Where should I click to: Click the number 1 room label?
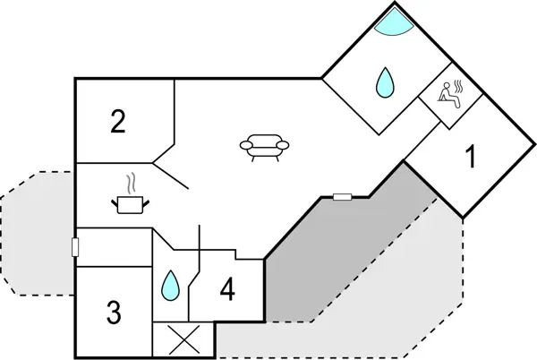coord(469,159)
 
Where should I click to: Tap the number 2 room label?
coord(118,122)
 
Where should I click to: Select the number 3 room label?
coord(113,313)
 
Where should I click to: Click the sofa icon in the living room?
coord(266,146)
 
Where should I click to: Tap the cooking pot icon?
coord(131,204)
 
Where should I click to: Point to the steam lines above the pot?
coord(132,183)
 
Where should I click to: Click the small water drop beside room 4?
coord(169,286)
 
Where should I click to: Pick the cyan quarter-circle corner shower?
coord(393,20)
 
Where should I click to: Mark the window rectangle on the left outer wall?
coord(77,246)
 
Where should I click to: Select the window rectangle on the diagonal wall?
coord(342,196)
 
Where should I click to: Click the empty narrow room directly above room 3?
coord(112,253)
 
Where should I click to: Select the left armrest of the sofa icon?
coord(245,145)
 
